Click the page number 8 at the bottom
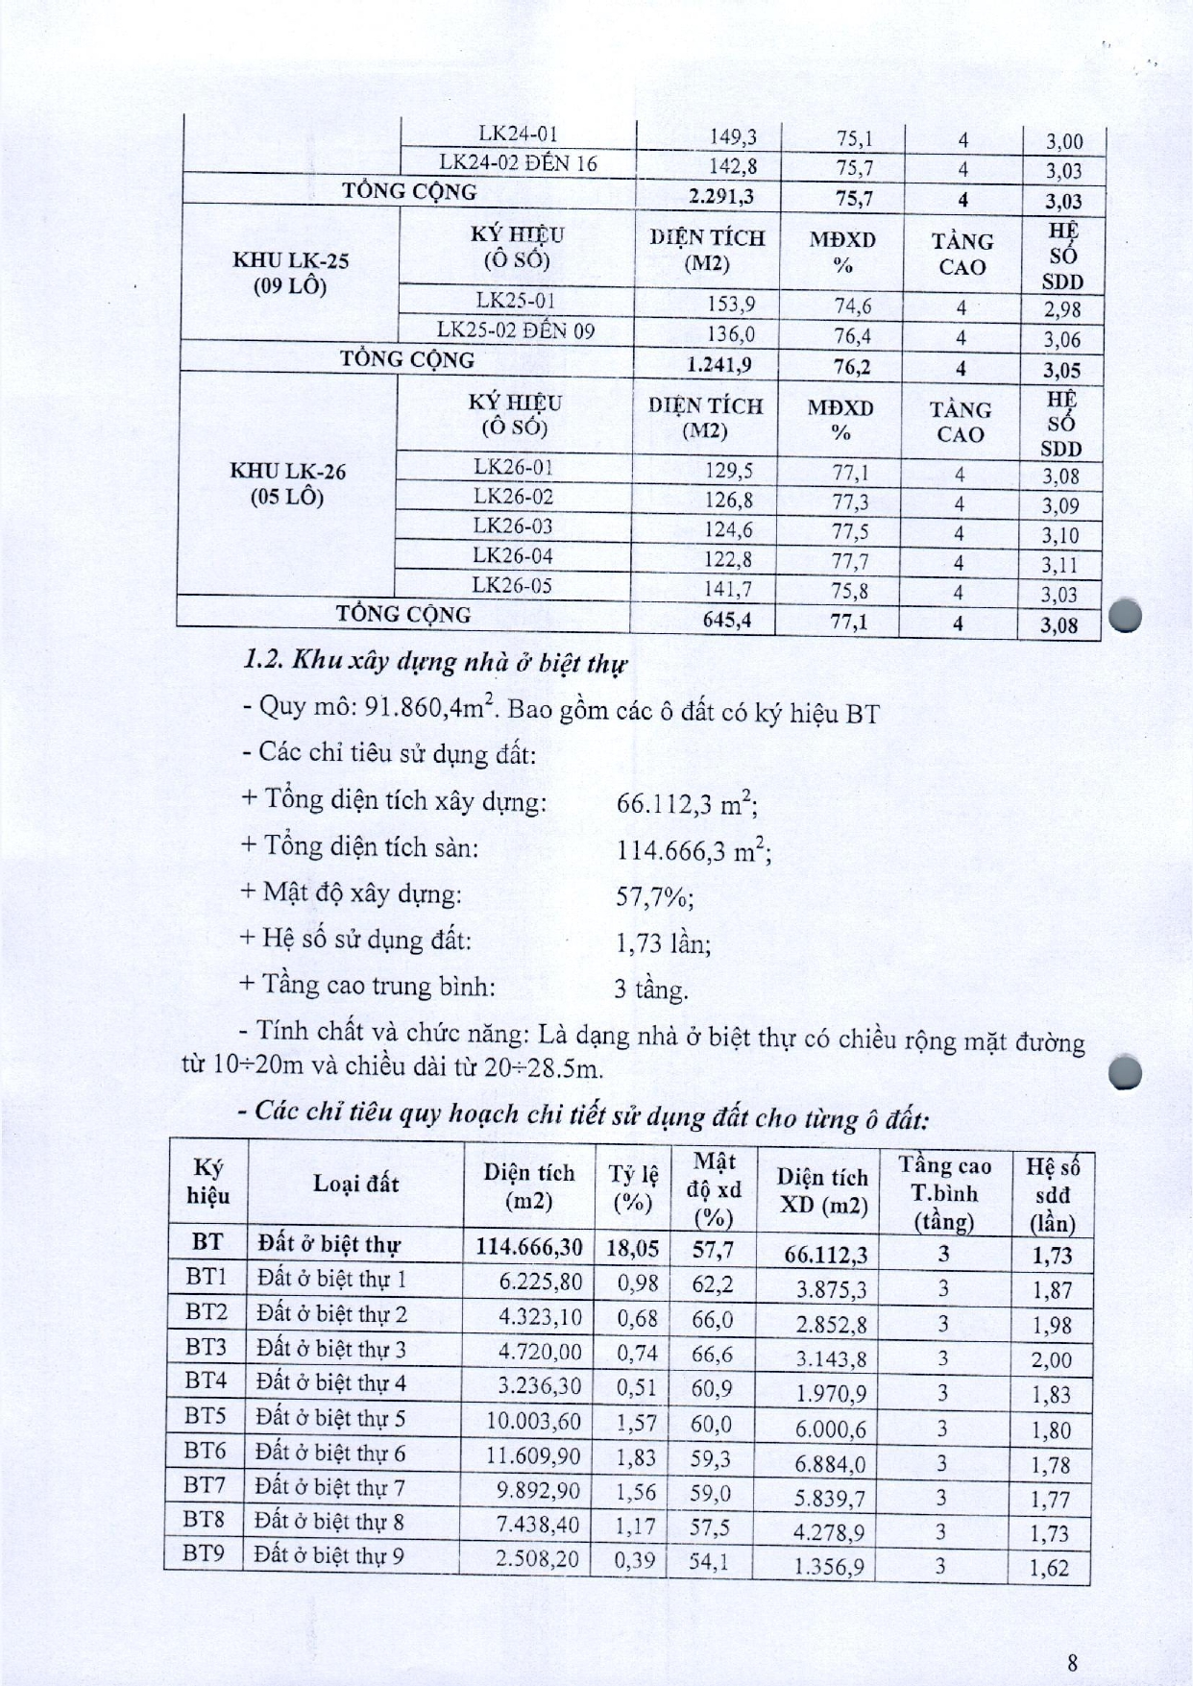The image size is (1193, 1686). point(1073,1634)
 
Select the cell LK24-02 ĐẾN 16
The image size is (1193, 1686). point(518,163)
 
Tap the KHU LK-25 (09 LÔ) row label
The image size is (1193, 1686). point(289,273)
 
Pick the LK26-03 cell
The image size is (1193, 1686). point(513,526)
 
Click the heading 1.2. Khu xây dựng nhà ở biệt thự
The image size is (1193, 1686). point(435,662)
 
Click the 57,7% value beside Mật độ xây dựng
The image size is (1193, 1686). point(654,895)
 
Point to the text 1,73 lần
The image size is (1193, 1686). point(663,942)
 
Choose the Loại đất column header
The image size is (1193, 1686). point(355,1184)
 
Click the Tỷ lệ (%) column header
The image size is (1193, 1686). point(633,1188)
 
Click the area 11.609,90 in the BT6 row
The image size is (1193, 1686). point(533,1454)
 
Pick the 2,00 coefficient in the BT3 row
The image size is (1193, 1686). point(1051,1360)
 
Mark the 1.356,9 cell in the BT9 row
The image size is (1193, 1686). point(830,1567)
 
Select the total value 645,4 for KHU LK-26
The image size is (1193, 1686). point(726,620)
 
